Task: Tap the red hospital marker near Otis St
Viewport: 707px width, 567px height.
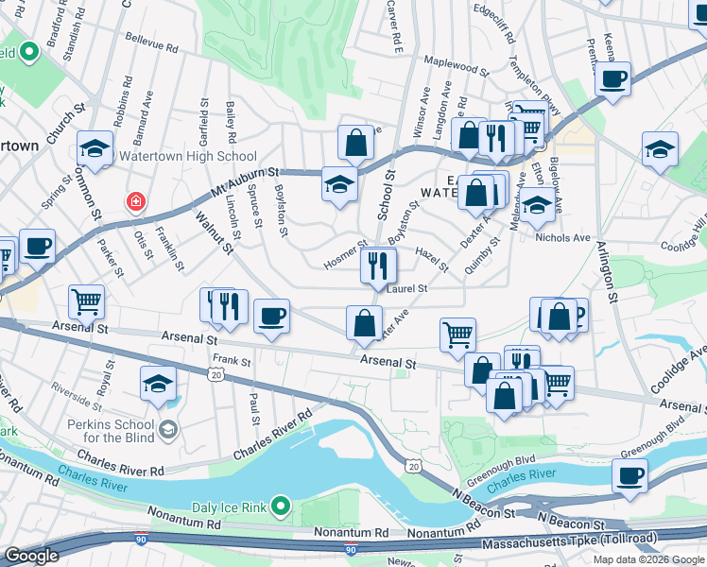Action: coord(137,202)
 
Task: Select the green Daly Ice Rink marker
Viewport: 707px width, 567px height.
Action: coord(281,507)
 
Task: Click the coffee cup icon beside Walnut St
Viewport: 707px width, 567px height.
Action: coord(271,317)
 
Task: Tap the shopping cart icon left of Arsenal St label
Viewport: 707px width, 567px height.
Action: coord(86,302)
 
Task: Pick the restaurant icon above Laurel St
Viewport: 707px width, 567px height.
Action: coord(377,266)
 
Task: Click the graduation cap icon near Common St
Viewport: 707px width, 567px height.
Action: coord(95,147)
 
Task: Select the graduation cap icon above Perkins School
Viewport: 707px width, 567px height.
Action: coord(158,384)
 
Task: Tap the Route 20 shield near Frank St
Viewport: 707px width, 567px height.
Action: coord(216,375)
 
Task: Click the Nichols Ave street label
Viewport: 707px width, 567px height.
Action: coord(562,238)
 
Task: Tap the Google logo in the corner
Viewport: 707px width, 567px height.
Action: coord(31,556)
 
